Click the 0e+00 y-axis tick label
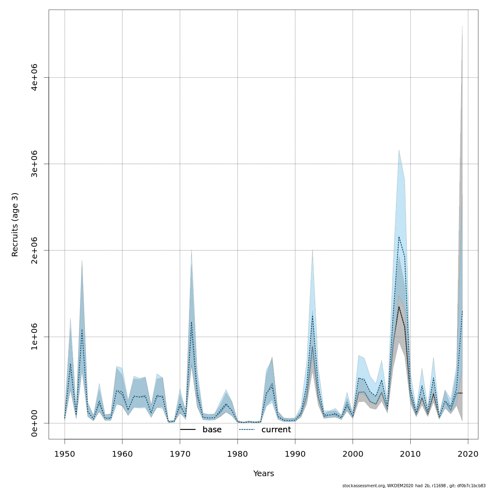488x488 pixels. (x=35, y=423)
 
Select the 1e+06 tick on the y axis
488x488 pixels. (x=35, y=337)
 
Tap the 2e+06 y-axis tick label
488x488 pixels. (x=35, y=250)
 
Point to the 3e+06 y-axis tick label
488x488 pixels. (x=35, y=164)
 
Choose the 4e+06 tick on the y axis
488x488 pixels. (x=35, y=77)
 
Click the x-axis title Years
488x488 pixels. (x=264, y=474)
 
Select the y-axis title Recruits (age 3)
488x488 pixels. (x=15, y=224)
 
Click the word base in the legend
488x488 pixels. (x=212, y=430)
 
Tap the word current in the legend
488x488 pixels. (x=276, y=430)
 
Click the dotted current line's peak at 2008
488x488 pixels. (x=399, y=237)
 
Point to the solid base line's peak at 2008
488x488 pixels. (x=399, y=306)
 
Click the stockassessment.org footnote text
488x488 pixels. (x=414, y=486)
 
